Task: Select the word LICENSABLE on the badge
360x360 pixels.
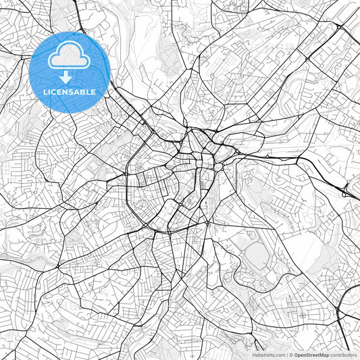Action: (x=70, y=91)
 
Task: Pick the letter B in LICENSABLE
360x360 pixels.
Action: (x=84, y=91)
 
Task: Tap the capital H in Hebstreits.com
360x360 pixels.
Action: (x=255, y=355)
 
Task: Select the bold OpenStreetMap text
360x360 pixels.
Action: (x=311, y=355)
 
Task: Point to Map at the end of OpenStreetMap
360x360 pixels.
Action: (x=324, y=355)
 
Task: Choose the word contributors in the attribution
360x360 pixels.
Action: (x=344, y=355)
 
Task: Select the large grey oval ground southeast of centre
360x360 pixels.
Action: (x=257, y=255)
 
